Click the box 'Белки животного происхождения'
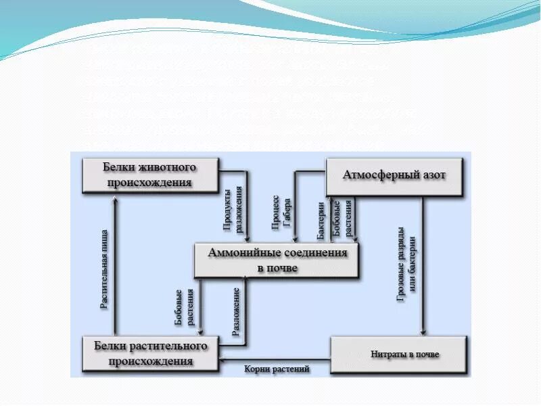click(149, 175)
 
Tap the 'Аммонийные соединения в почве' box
click(277, 260)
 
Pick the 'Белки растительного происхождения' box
click(149, 353)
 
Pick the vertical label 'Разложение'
click(236, 312)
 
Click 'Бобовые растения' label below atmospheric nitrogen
click(343, 217)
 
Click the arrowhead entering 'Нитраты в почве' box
click(423, 332)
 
